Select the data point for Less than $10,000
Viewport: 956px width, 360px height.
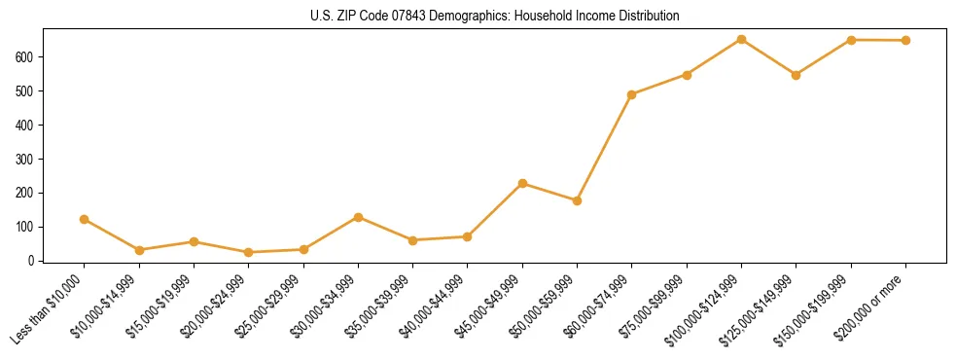tap(85, 219)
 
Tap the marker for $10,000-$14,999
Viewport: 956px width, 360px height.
tap(139, 250)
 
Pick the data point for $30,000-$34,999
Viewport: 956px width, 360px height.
tap(359, 217)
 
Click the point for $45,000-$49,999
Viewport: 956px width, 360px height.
tap(523, 183)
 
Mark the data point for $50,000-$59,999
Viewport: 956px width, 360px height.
tap(578, 200)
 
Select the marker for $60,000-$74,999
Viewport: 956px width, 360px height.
tap(632, 94)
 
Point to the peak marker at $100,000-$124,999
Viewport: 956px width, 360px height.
tap(742, 39)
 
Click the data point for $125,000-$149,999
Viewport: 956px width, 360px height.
tap(797, 75)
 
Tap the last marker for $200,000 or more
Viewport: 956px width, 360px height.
tap(906, 40)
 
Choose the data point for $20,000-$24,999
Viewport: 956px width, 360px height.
tap(249, 252)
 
